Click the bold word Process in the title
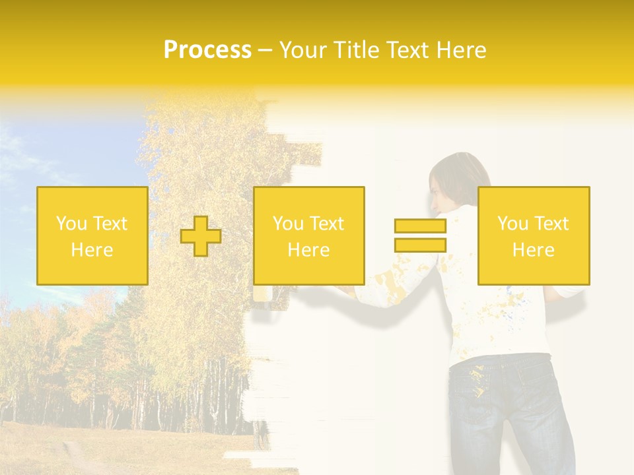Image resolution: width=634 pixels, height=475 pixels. pyautogui.click(x=207, y=50)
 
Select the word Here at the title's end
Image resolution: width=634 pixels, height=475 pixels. pyautogui.click(x=461, y=50)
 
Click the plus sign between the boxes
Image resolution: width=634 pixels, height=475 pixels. pyautogui.click(x=201, y=236)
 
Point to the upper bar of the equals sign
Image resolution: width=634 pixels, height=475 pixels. pyautogui.click(x=420, y=226)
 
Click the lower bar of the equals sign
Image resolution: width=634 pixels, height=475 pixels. pyautogui.click(x=420, y=245)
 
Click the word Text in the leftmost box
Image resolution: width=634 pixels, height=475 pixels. pyautogui.click(x=110, y=224)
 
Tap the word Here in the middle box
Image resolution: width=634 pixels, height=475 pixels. pyautogui.click(x=309, y=250)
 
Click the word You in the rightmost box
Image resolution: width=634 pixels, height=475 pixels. pyautogui.click(x=512, y=224)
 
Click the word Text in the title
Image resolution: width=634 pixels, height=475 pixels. pyautogui.click(x=407, y=50)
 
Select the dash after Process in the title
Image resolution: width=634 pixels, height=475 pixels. pyautogui.click(x=265, y=51)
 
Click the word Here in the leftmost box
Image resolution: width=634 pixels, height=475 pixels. pyautogui.click(x=92, y=250)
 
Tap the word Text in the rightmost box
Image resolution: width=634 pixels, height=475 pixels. pyautogui.click(x=551, y=224)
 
